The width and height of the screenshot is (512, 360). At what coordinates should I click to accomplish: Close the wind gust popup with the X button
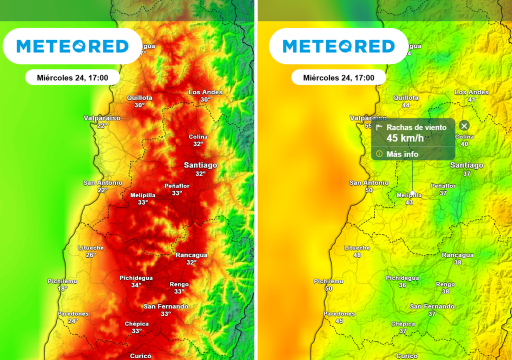pyautogui.click(x=464, y=126)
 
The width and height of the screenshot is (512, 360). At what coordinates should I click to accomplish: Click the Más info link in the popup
pyautogui.click(x=402, y=154)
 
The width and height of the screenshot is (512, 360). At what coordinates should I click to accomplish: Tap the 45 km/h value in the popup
pyautogui.click(x=405, y=138)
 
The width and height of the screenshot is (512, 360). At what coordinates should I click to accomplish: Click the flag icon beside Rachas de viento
pyautogui.click(x=379, y=127)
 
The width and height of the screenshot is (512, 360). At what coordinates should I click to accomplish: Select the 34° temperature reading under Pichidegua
pyautogui.click(x=136, y=285)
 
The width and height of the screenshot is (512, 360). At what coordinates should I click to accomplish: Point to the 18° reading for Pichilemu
pyautogui.click(x=62, y=288)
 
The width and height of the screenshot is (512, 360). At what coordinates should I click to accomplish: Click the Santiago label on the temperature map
pyautogui.click(x=200, y=165)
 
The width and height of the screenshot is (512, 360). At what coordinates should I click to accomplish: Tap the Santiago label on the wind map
pyautogui.click(x=466, y=165)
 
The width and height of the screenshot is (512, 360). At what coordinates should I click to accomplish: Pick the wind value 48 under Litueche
pyautogui.click(x=357, y=255)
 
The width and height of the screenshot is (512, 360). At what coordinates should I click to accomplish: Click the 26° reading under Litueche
pyautogui.click(x=90, y=255)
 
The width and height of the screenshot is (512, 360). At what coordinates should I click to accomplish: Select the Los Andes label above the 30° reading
pyautogui.click(x=205, y=92)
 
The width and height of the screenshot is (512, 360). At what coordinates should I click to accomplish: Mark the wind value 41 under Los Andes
pyautogui.click(x=471, y=99)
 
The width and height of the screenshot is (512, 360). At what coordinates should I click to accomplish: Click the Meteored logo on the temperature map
pyautogui.click(x=72, y=46)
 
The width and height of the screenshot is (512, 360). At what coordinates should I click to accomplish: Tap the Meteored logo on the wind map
pyautogui.click(x=339, y=46)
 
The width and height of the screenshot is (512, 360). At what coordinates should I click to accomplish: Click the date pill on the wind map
pyautogui.click(x=338, y=77)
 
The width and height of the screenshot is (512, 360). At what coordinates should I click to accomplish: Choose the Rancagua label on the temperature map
pyautogui.click(x=191, y=255)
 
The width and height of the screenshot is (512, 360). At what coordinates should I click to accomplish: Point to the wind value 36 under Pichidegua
pyautogui.click(x=402, y=285)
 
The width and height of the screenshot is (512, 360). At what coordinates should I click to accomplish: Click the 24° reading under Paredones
pyautogui.click(x=73, y=321)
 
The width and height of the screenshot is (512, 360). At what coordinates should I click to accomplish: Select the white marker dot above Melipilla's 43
pyautogui.click(x=412, y=192)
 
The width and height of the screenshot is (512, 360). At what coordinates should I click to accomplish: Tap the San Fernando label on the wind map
pyautogui.click(x=432, y=306)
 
